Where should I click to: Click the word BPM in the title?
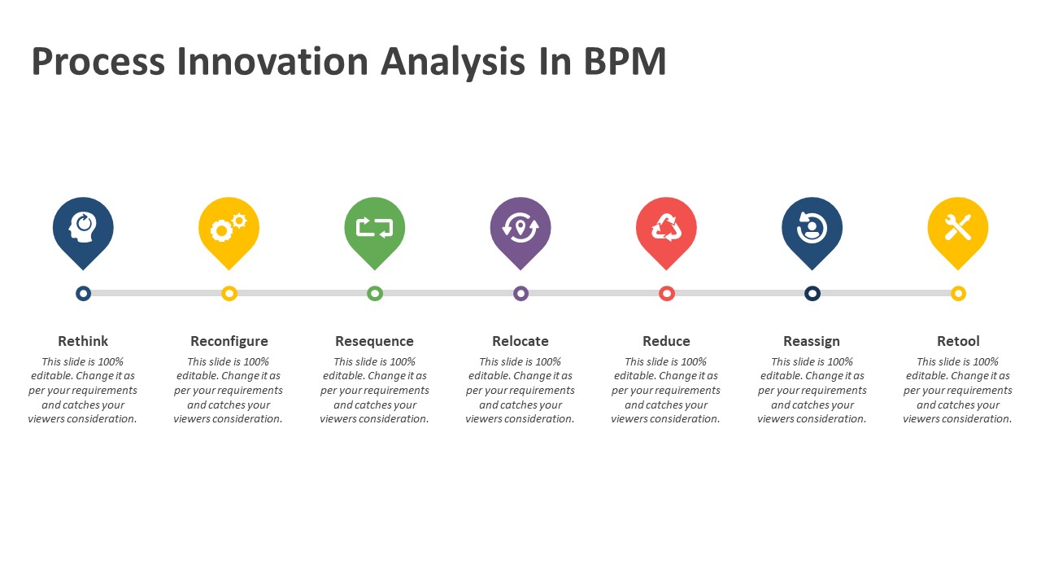pos(625,61)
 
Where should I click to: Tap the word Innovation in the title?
pos(272,61)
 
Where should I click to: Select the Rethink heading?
pos(83,341)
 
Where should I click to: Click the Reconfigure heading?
pos(229,341)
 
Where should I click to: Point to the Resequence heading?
pos(375,341)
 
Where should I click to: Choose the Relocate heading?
pos(520,341)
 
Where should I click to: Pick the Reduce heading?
pos(666,341)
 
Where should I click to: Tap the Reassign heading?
pos(812,341)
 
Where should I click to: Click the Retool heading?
pos(958,341)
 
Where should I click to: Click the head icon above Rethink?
pos(83,227)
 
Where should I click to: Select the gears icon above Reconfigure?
pos(229,227)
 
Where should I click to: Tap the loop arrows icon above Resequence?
pos(375,227)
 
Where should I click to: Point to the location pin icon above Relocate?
pos(520,227)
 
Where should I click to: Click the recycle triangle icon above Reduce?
pos(666,227)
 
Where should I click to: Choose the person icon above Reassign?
pos(812,227)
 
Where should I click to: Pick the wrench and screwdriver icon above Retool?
pos(958,227)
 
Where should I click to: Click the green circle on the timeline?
pos(375,294)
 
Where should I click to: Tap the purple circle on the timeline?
pos(521,294)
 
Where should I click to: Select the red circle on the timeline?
pos(667,294)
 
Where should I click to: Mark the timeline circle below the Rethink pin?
pos(83,294)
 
